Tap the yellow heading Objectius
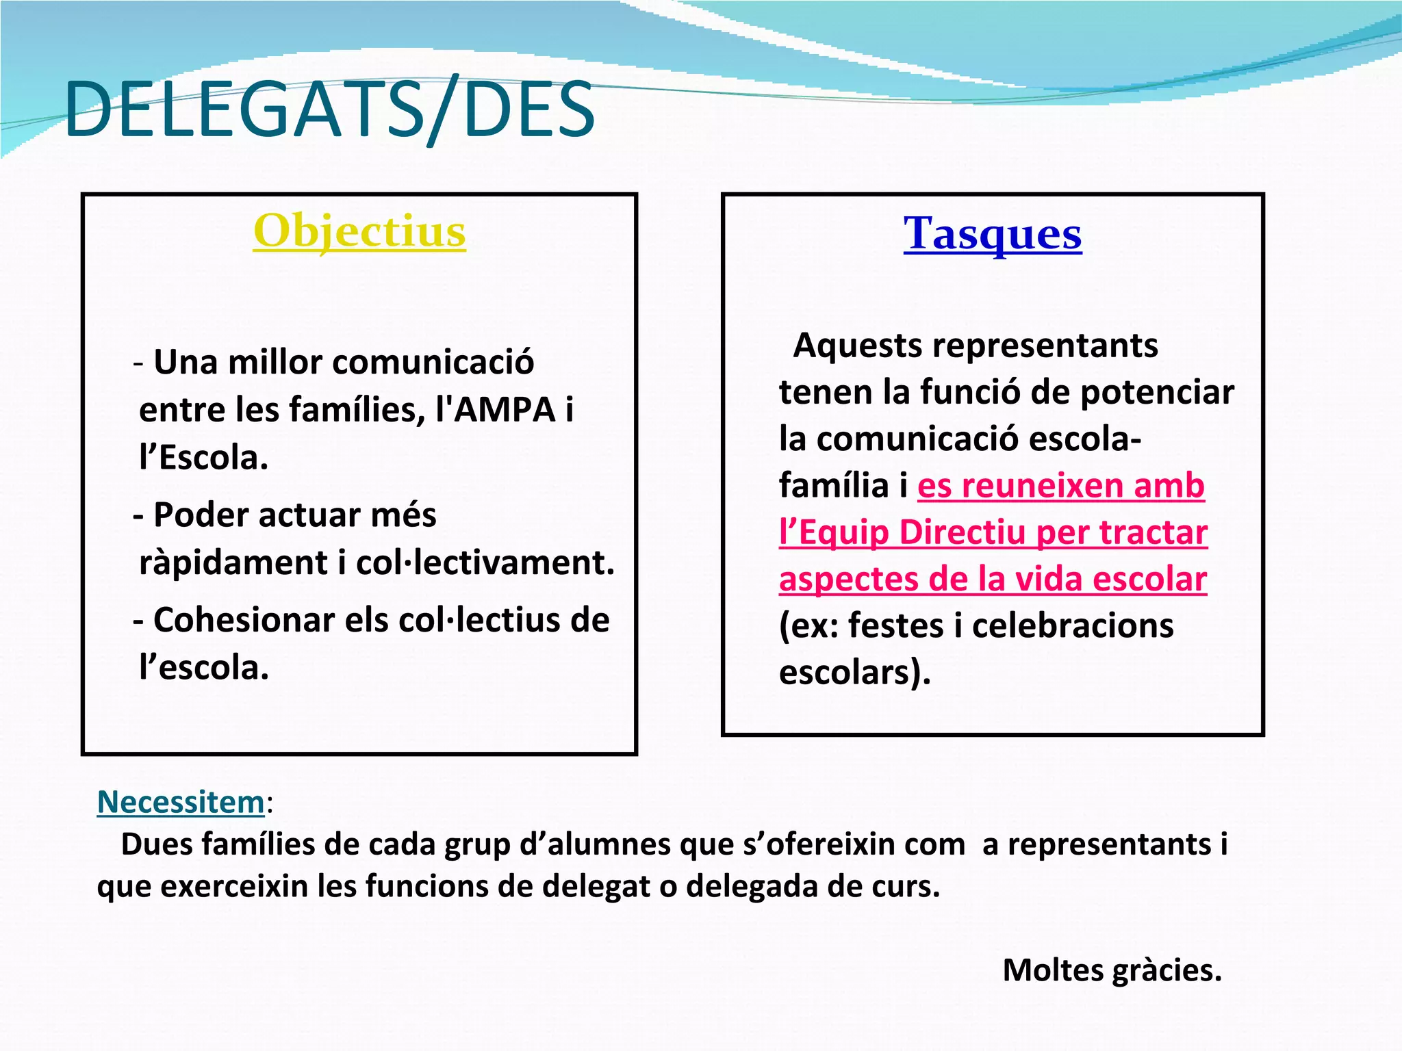click(x=359, y=231)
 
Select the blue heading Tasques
click(x=992, y=233)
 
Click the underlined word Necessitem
click(x=181, y=802)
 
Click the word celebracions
click(x=1073, y=625)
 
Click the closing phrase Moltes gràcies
click(x=1112, y=970)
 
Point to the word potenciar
click(x=1157, y=393)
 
